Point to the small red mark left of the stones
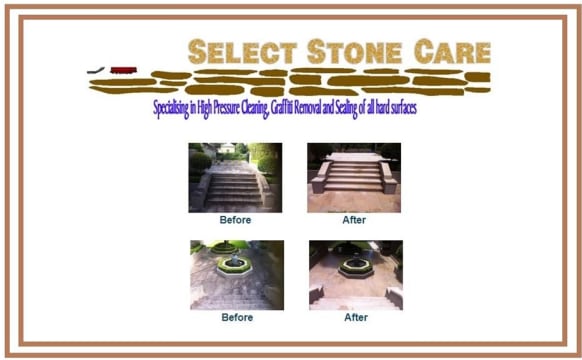[123, 69]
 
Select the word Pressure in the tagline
[238, 106]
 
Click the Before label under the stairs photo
[235, 220]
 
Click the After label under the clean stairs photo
[354, 220]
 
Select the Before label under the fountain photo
[236, 317]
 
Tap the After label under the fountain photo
[355, 317]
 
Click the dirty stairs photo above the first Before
[235, 178]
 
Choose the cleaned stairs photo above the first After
[354, 178]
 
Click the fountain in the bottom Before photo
[233, 261]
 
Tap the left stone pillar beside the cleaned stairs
[320, 180]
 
